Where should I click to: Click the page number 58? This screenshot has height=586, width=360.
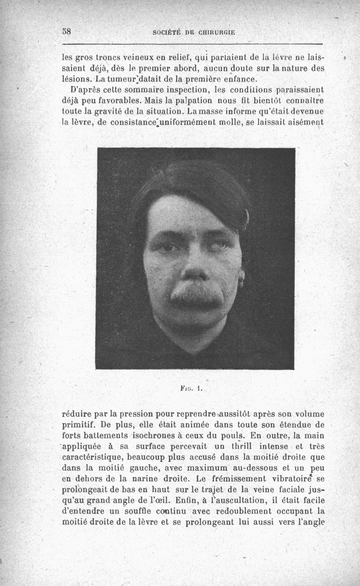[67, 32]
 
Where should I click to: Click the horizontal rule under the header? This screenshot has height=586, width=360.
[193, 44]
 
